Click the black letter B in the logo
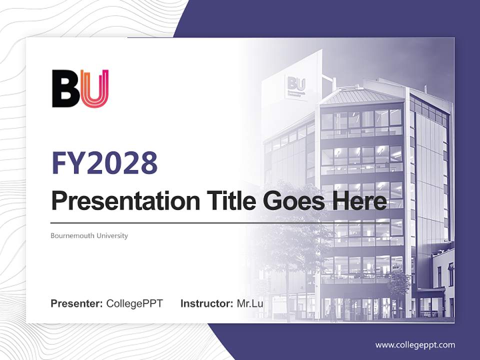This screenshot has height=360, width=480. pyautogui.click(x=65, y=89)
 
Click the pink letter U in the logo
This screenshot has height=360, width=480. pyautogui.click(x=95, y=89)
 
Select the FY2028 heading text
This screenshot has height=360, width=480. pyautogui.click(x=104, y=162)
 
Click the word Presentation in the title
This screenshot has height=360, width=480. pyautogui.click(x=118, y=201)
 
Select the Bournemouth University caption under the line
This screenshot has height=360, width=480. pyautogui.click(x=89, y=235)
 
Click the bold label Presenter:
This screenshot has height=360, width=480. pyautogui.click(x=76, y=303)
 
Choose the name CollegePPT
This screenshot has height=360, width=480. pyautogui.click(x=134, y=303)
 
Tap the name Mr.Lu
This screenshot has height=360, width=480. pyautogui.click(x=249, y=303)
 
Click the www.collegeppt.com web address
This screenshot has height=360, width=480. pyautogui.click(x=415, y=345)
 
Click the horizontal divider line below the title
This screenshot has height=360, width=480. pyautogui.click(x=150, y=222)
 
